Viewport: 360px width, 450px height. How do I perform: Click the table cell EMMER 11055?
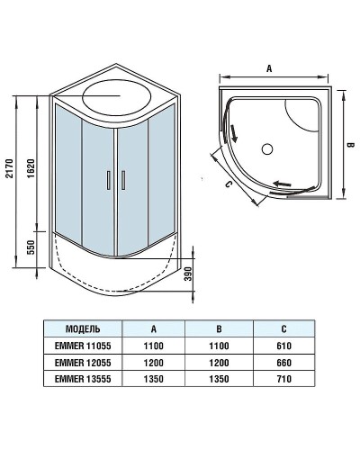pyautogui.click(x=87, y=346)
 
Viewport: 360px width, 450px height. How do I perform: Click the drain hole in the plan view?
pyautogui.click(x=266, y=147)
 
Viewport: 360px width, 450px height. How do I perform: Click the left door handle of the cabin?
pyautogui.click(x=109, y=179)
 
